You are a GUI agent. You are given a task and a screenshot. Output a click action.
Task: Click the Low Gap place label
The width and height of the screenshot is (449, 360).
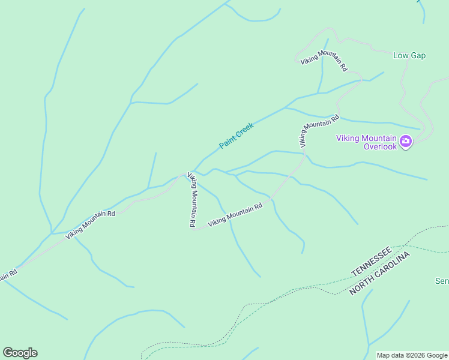click(409, 56)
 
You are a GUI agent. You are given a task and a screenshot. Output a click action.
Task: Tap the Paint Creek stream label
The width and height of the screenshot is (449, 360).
click(237, 136)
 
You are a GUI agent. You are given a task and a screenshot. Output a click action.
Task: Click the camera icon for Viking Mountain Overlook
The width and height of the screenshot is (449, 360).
click(406, 142)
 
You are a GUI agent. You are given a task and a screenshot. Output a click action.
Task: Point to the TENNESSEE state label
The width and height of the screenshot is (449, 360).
click(372, 261)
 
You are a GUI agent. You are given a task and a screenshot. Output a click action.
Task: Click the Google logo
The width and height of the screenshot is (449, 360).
click(20, 353)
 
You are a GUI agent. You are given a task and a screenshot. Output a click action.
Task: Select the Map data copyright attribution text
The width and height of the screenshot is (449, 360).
click(412, 355)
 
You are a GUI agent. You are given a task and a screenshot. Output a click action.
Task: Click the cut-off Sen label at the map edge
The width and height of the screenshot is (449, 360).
click(442, 281)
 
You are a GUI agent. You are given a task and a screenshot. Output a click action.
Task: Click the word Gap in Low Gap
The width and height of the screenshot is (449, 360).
click(418, 56)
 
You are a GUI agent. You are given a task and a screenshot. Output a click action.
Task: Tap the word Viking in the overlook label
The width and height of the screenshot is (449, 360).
click(346, 138)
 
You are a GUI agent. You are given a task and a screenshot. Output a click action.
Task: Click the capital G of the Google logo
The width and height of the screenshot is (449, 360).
click(8, 353)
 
